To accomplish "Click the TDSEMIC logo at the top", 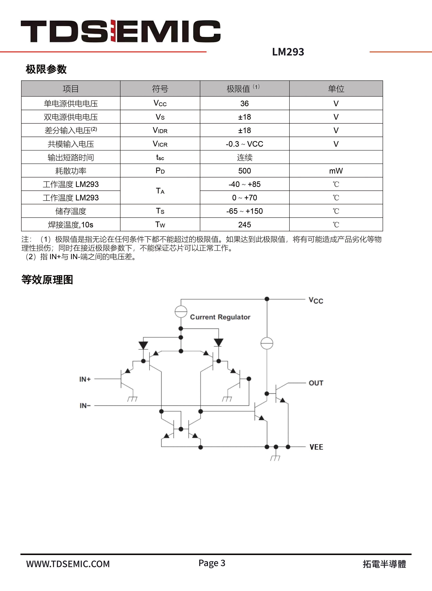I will click(120, 31).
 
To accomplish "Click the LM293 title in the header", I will click(288, 52).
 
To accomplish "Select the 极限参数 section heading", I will click(46, 69).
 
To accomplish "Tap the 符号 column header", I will click(160, 89).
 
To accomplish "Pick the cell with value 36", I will click(245, 103).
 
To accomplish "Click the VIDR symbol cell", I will click(160, 130).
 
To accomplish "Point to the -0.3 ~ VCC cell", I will click(245, 144).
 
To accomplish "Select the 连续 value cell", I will click(245, 157).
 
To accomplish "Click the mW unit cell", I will click(336, 171).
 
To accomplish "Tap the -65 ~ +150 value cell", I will click(245, 211).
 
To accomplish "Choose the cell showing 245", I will click(245, 225).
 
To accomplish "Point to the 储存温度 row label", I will click(71, 211).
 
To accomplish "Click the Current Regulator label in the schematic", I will click(220, 317).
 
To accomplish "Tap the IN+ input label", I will click(85, 379).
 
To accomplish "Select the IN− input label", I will click(85, 406).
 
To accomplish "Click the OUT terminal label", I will click(316, 383).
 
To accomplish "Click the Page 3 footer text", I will click(212, 563).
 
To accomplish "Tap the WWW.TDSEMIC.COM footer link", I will click(68, 564).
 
